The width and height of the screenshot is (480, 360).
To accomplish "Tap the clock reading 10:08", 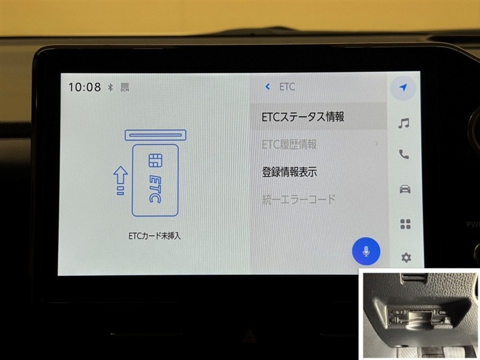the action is [84, 87].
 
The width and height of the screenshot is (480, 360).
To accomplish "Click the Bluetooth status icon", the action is [110, 87].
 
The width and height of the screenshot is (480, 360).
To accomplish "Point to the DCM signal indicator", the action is [125, 87].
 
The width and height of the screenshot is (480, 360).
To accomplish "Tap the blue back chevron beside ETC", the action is [268, 86].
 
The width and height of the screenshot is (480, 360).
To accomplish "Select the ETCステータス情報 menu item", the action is [303, 116].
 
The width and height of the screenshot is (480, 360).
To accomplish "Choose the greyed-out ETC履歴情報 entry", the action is [289, 144].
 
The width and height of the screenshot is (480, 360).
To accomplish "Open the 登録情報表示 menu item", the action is [289, 172].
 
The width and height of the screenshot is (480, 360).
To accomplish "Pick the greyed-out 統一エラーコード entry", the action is [298, 199].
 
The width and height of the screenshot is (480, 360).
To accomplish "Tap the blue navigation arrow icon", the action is [403, 88].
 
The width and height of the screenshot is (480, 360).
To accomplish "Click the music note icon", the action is [404, 123].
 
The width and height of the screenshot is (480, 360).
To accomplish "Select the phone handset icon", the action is [404, 155].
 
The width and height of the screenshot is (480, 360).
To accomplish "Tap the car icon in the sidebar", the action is [405, 189].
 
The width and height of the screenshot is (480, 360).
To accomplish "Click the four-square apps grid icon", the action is [406, 224].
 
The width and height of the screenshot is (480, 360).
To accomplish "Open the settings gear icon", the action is [406, 258].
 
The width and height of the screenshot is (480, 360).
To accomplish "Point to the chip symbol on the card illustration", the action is [155, 160].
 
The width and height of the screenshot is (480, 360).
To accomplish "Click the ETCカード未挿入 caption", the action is [155, 236].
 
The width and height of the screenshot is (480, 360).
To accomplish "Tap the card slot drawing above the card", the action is [155, 135].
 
